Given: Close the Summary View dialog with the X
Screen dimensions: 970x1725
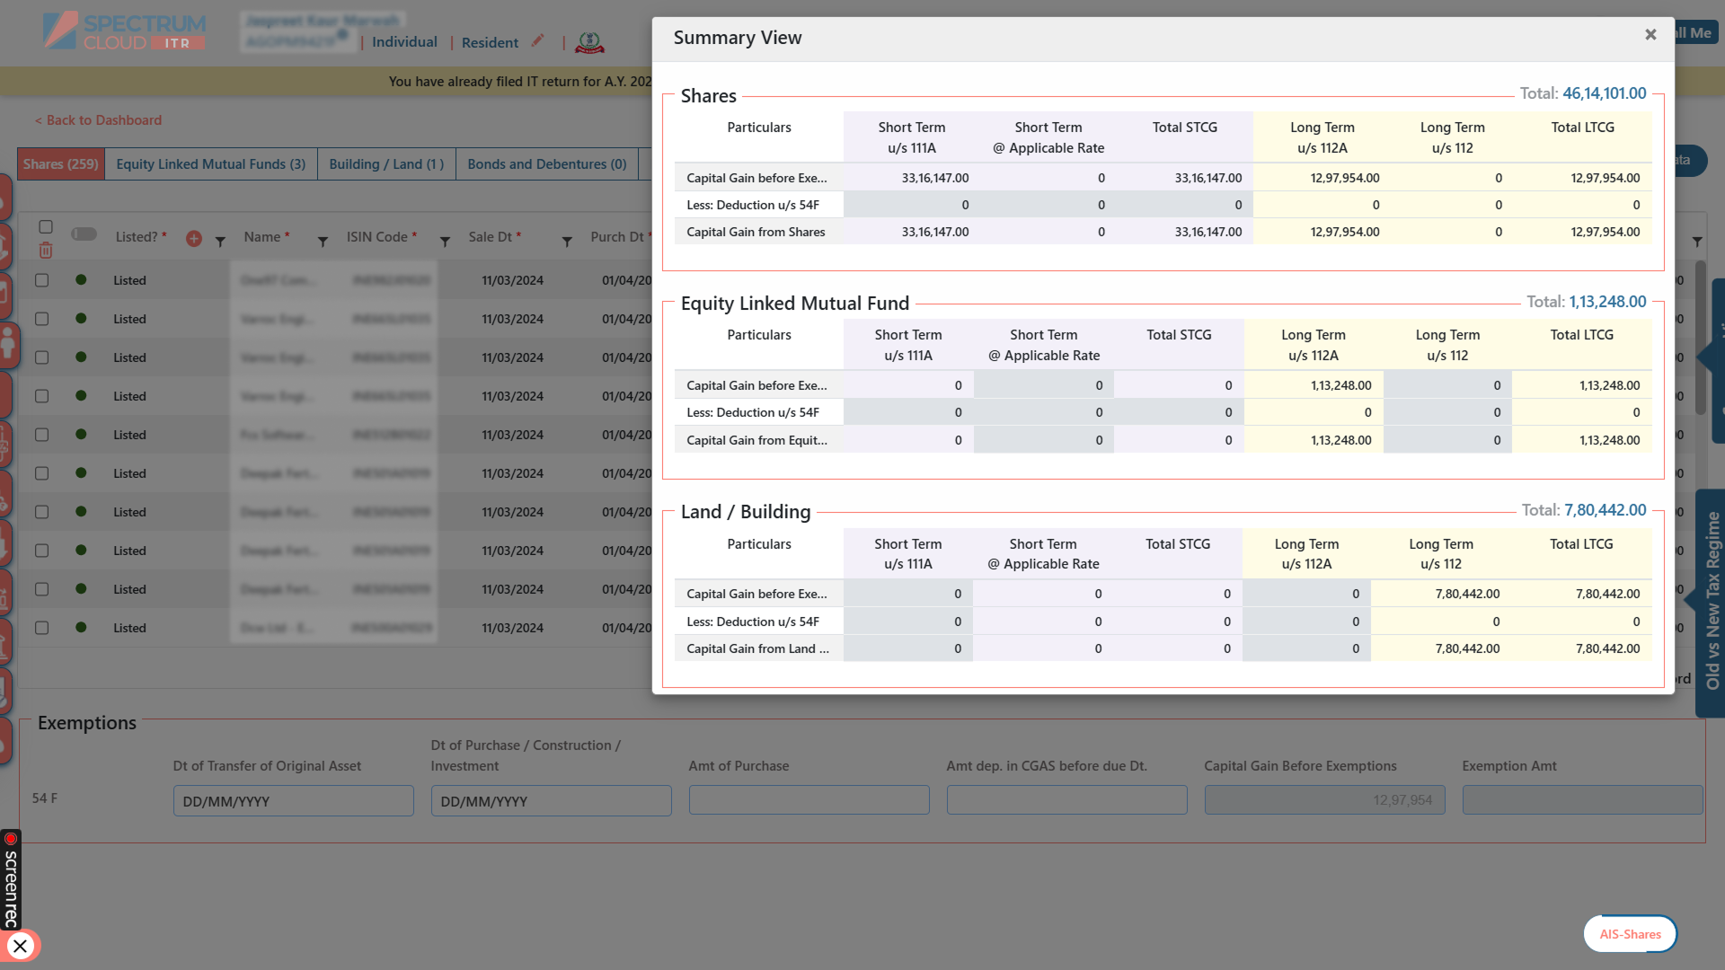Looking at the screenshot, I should (1650, 35).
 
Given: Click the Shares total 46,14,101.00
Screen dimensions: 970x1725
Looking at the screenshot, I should (1604, 93).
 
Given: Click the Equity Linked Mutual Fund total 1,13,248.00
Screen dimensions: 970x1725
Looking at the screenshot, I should (1607, 302).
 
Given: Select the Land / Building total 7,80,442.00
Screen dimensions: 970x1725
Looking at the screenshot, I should (1605, 510).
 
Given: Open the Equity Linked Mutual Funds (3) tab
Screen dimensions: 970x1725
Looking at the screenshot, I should (210, 164).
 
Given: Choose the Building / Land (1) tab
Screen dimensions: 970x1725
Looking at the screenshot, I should (386, 164).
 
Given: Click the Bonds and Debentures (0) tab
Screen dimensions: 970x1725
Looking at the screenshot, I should (546, 164).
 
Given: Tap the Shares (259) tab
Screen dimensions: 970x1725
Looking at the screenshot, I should (61, 164).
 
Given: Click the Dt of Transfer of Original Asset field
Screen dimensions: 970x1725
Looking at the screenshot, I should (293, 801).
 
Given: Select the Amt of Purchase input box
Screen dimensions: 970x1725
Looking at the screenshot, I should (809, 801).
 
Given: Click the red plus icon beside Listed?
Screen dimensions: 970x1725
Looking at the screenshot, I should (193, 239).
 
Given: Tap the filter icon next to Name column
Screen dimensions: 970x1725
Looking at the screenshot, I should (323, 242).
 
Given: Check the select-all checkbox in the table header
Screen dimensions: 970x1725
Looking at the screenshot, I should (46, 227).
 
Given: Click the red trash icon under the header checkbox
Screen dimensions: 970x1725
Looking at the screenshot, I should (46, 251).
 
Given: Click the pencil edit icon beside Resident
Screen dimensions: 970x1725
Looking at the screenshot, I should (537, 40).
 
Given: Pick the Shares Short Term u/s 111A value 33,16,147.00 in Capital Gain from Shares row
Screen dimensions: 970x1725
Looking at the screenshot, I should (934, 232).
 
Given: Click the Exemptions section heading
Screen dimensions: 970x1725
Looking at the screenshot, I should (87, 723).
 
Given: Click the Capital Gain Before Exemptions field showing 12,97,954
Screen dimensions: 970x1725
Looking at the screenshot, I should (1324, 800).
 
